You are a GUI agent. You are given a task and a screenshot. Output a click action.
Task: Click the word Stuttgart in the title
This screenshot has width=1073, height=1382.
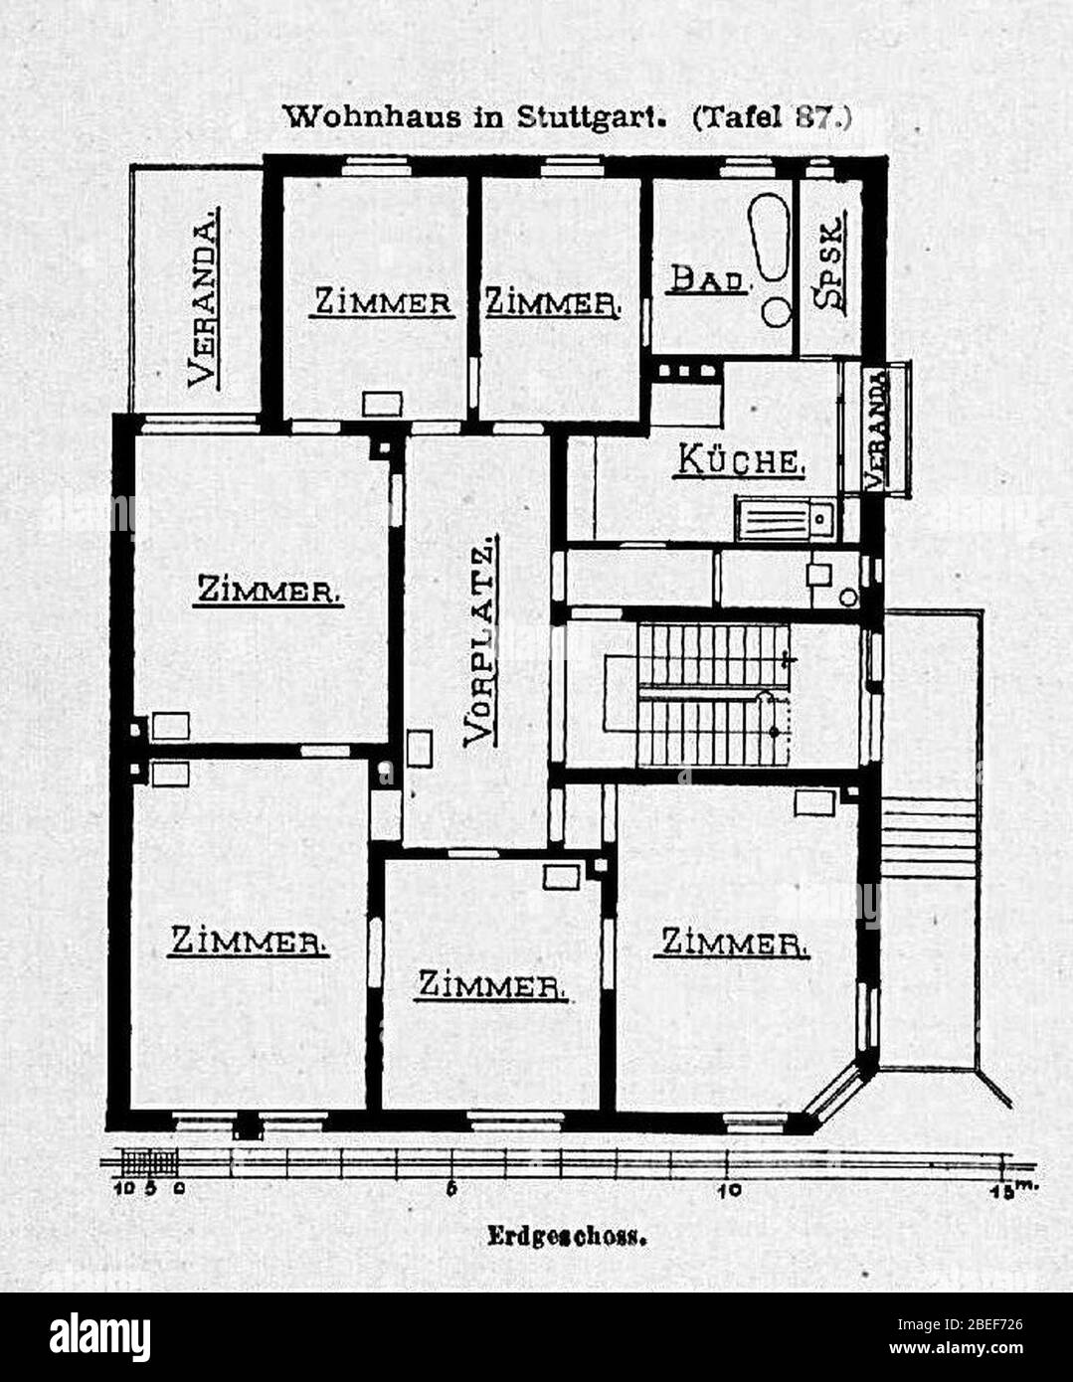pos(591,118)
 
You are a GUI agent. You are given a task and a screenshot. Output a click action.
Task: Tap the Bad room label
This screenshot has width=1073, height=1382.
pos(709,279)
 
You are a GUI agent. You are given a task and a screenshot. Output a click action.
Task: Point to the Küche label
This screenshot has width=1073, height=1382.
pos(739,459)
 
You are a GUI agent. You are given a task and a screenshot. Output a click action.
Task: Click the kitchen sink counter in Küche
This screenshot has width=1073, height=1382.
pos(788,519)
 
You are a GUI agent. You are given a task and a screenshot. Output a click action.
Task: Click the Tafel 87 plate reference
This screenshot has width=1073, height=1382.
pos(771,118)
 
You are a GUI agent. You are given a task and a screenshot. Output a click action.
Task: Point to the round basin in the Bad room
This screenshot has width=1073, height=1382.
pos(778,311)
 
